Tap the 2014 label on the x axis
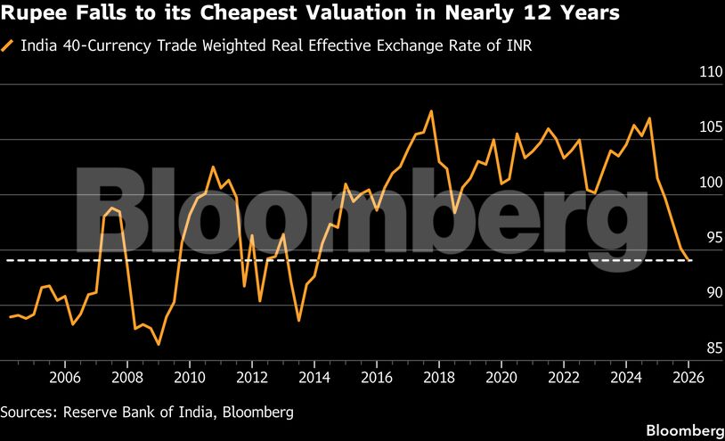pyautogui.click(x=314, y=378)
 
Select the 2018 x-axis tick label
pyautogui.click(x=439, y=378)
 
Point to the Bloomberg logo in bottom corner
pyautogui.click(x=682, y=429)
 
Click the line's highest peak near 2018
pyautogui.click(x=431, y=111)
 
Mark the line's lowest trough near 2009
pyautogui.click(x=159, y=344)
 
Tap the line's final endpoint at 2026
pyautogui.click(x=690, y=260)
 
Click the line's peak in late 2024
pyautogui.click(x=649, y=118)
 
